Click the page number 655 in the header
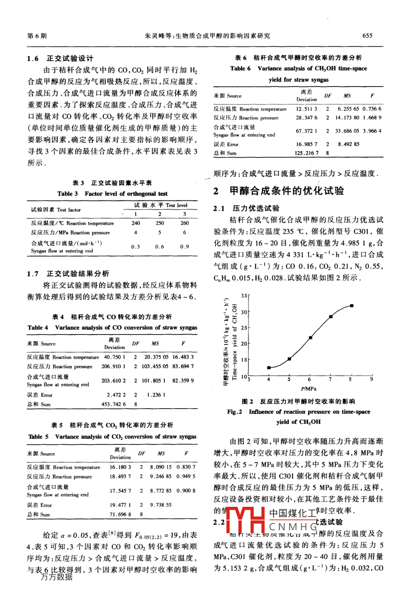pyautogui.click(x=367, y=36)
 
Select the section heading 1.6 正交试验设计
pyautogui.click(x=60, y=58)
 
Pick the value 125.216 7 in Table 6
pyautogui.click(x=306, y=153)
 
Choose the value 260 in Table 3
pyautogui.click(x=184, y=223)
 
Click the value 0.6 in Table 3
pyautogui.click(x=159, y=247)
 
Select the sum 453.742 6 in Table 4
pyautogui.click(x=113, y=404)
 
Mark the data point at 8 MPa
pyautogui.click(x=352, y=305)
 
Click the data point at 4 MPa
pyautogui.click(x=269, y=368)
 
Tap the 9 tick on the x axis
pyautogui.click(x=371, y=379)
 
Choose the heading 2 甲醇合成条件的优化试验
pyautogui.click(x=279, y=191)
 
